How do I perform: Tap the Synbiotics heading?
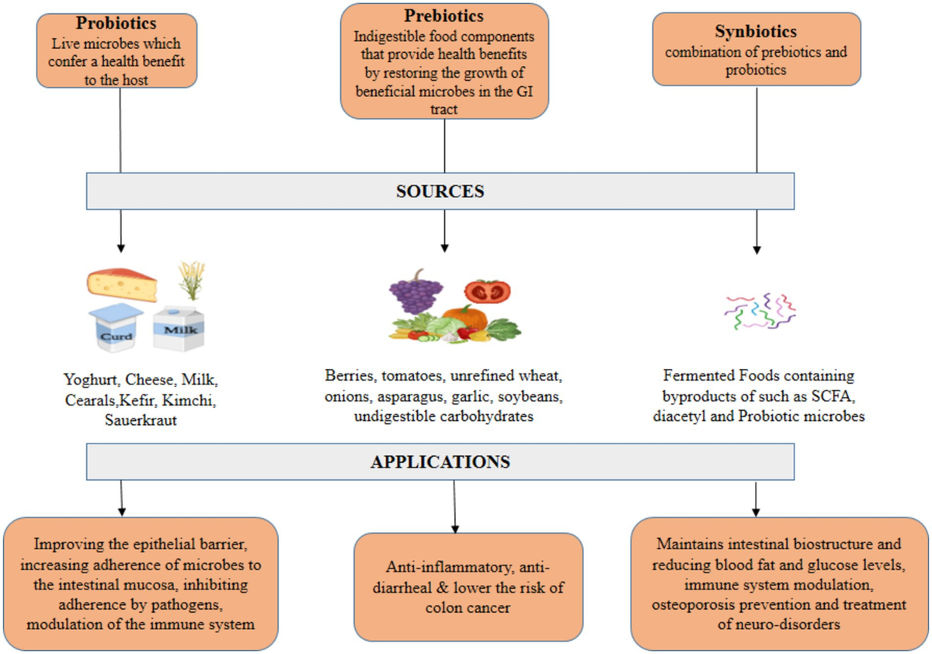pos(756,33)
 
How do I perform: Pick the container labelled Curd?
pos(116,329)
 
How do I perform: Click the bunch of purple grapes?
pos(416,294)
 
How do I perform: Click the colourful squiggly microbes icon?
pos(756,311)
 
